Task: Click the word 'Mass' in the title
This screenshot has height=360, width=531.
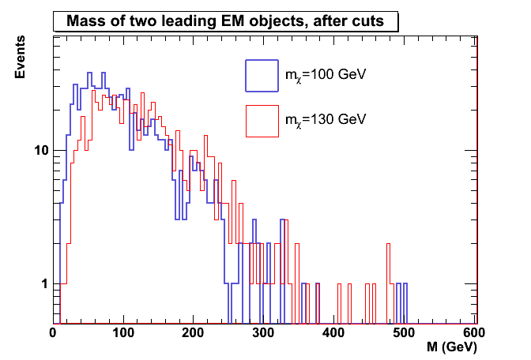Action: (x=85, y=22)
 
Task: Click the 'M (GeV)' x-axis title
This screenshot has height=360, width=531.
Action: (x=450, y=347)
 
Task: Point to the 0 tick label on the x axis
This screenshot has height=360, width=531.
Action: (x=54, y=334)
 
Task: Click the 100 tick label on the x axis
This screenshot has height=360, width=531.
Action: (x=123, y=334)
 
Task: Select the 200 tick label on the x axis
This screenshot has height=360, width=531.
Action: (x=194, y=334)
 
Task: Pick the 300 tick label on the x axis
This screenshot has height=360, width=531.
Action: (x=264, y=334)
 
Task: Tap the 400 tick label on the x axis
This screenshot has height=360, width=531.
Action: (x=333, y=334)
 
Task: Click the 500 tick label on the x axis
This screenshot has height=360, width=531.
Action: (x=404, y=334)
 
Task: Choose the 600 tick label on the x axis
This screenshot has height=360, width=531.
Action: (x=473, y=334)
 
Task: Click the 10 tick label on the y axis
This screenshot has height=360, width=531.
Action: (x=43, y=150)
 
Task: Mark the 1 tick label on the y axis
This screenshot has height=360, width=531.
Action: (x=46, y=283)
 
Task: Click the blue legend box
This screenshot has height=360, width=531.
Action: (x=262, y=76)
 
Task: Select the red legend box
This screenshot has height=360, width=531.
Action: (x=262, y=120)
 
